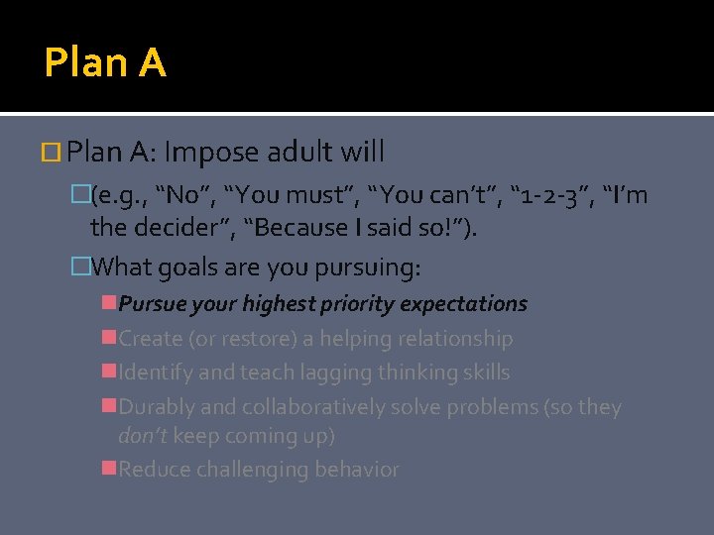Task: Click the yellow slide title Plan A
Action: (x=105, y=63)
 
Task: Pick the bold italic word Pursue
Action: (x=150, y=303)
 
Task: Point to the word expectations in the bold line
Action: (x=469, y=303)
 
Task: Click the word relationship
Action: (x=455, y=339)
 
